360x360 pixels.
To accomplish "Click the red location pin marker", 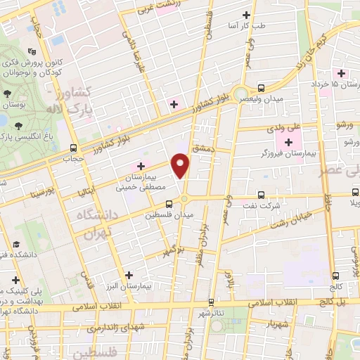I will [x=181, y=166].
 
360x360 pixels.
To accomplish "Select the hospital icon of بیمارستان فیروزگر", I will [x=289, y=143].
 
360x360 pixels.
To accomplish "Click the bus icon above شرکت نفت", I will [x=261, y=195].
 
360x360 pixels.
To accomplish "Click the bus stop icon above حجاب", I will [x=74, y=148].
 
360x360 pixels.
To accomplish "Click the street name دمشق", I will [x=205, y=152].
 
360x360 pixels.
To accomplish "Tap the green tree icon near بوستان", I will [x=6, y=94].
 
